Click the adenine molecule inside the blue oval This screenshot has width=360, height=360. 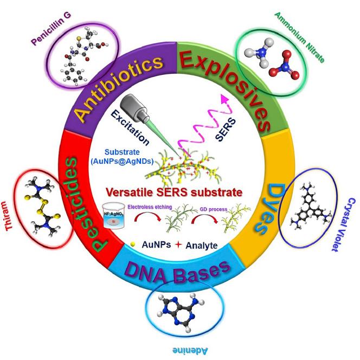[x=177, y=306]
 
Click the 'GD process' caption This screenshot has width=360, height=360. [x=219, y=205]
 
